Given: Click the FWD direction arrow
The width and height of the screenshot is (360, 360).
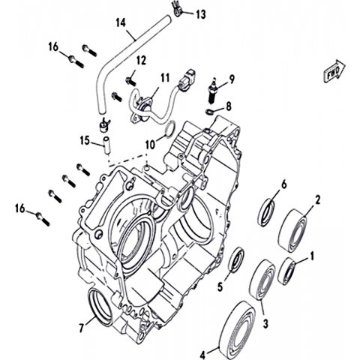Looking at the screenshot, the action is tap(334, 71).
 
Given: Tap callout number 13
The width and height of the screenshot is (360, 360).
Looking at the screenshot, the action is tap(200, 14).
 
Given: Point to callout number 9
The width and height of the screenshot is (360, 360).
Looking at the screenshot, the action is tap(231, 79).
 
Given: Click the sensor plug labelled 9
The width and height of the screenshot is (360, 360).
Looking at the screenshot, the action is tap(213, 92).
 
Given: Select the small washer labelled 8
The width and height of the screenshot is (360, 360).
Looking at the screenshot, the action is tap(209, 112).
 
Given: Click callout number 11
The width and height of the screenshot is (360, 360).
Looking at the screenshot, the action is tap(165, 78).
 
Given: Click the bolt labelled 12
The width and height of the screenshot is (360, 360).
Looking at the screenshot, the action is tap(130, 80).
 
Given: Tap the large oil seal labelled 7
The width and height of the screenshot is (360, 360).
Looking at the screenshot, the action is tap(100, 307).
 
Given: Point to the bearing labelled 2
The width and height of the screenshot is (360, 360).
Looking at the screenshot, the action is tap(292, 229).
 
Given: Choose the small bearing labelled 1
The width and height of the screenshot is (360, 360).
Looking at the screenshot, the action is tap(287, 271).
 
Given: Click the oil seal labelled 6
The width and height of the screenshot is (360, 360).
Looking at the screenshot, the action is tap(266, 212).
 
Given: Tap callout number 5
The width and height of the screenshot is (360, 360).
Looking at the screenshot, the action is tap(220, 286).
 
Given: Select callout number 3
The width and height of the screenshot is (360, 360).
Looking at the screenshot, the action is tap(265, 324).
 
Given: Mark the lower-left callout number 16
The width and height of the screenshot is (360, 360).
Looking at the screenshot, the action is tap(20, 208).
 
